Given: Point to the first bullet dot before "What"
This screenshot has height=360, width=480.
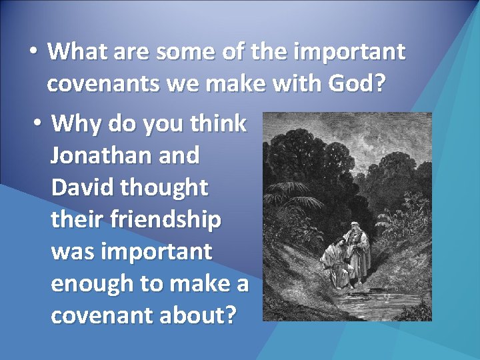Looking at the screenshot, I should coord(33,51).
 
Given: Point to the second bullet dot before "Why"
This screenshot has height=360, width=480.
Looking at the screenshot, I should coord(39,123).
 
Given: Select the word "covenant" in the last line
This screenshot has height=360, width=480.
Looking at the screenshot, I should coord(100,315).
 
